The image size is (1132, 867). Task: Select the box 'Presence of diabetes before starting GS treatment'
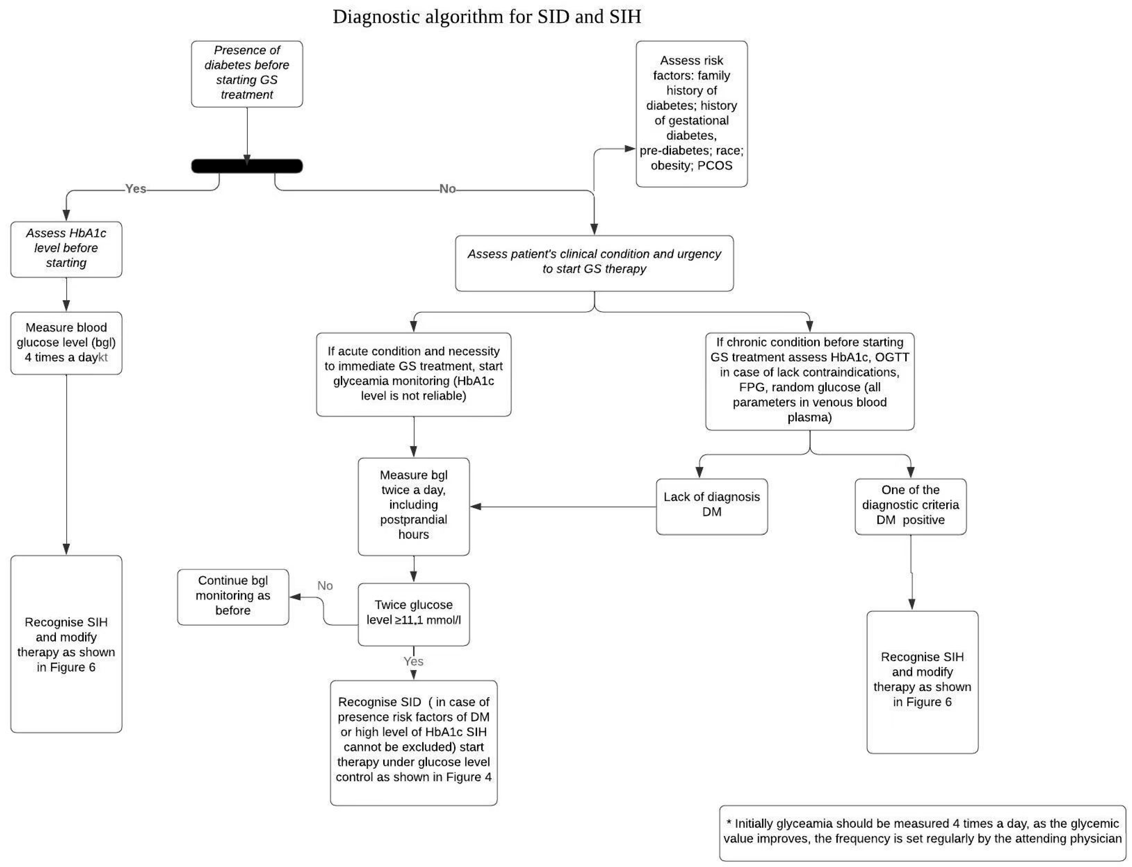tap(247, 73)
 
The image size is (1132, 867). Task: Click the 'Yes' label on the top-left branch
tap(136, 189)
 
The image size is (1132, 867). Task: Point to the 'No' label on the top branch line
tap(447, 189)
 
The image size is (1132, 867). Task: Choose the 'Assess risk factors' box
tap(692, 114)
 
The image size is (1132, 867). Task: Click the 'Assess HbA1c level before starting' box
tap(66, 249)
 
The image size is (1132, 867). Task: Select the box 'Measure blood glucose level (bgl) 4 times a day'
tap(66, 343)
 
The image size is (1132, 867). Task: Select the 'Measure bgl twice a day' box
tap(414, 506)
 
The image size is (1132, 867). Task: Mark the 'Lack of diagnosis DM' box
tap(712, 506)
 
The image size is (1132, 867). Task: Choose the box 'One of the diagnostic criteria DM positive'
tap(910, 506)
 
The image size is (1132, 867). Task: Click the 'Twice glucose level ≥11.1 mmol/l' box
tap(414, 614)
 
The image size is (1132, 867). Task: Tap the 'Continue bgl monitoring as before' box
tap(233, 597)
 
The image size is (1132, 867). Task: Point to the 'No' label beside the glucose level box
tap(325, 586)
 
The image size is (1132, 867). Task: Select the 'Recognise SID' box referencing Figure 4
tap(414, 742)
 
